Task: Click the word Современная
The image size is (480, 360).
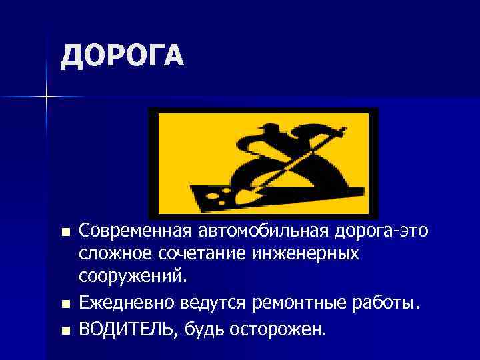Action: coord(135,231)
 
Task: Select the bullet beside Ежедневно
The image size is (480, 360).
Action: coord(64,305)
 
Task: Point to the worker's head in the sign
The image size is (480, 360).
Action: coord(270,130)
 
